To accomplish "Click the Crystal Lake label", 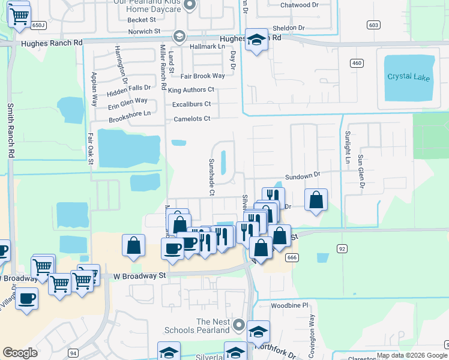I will point(409,77).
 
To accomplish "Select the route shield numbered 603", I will point(373,25).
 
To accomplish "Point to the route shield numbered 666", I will point(292,257).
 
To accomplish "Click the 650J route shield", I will point(38,25).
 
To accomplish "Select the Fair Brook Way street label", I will point(202,76).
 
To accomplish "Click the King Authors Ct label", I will point(191,90).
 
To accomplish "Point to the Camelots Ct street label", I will point(192,119).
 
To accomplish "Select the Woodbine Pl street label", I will point(289,305).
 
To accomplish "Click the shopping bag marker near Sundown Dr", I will point(316,200).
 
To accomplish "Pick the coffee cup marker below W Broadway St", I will point(26,298).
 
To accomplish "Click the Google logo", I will point(20,353).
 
